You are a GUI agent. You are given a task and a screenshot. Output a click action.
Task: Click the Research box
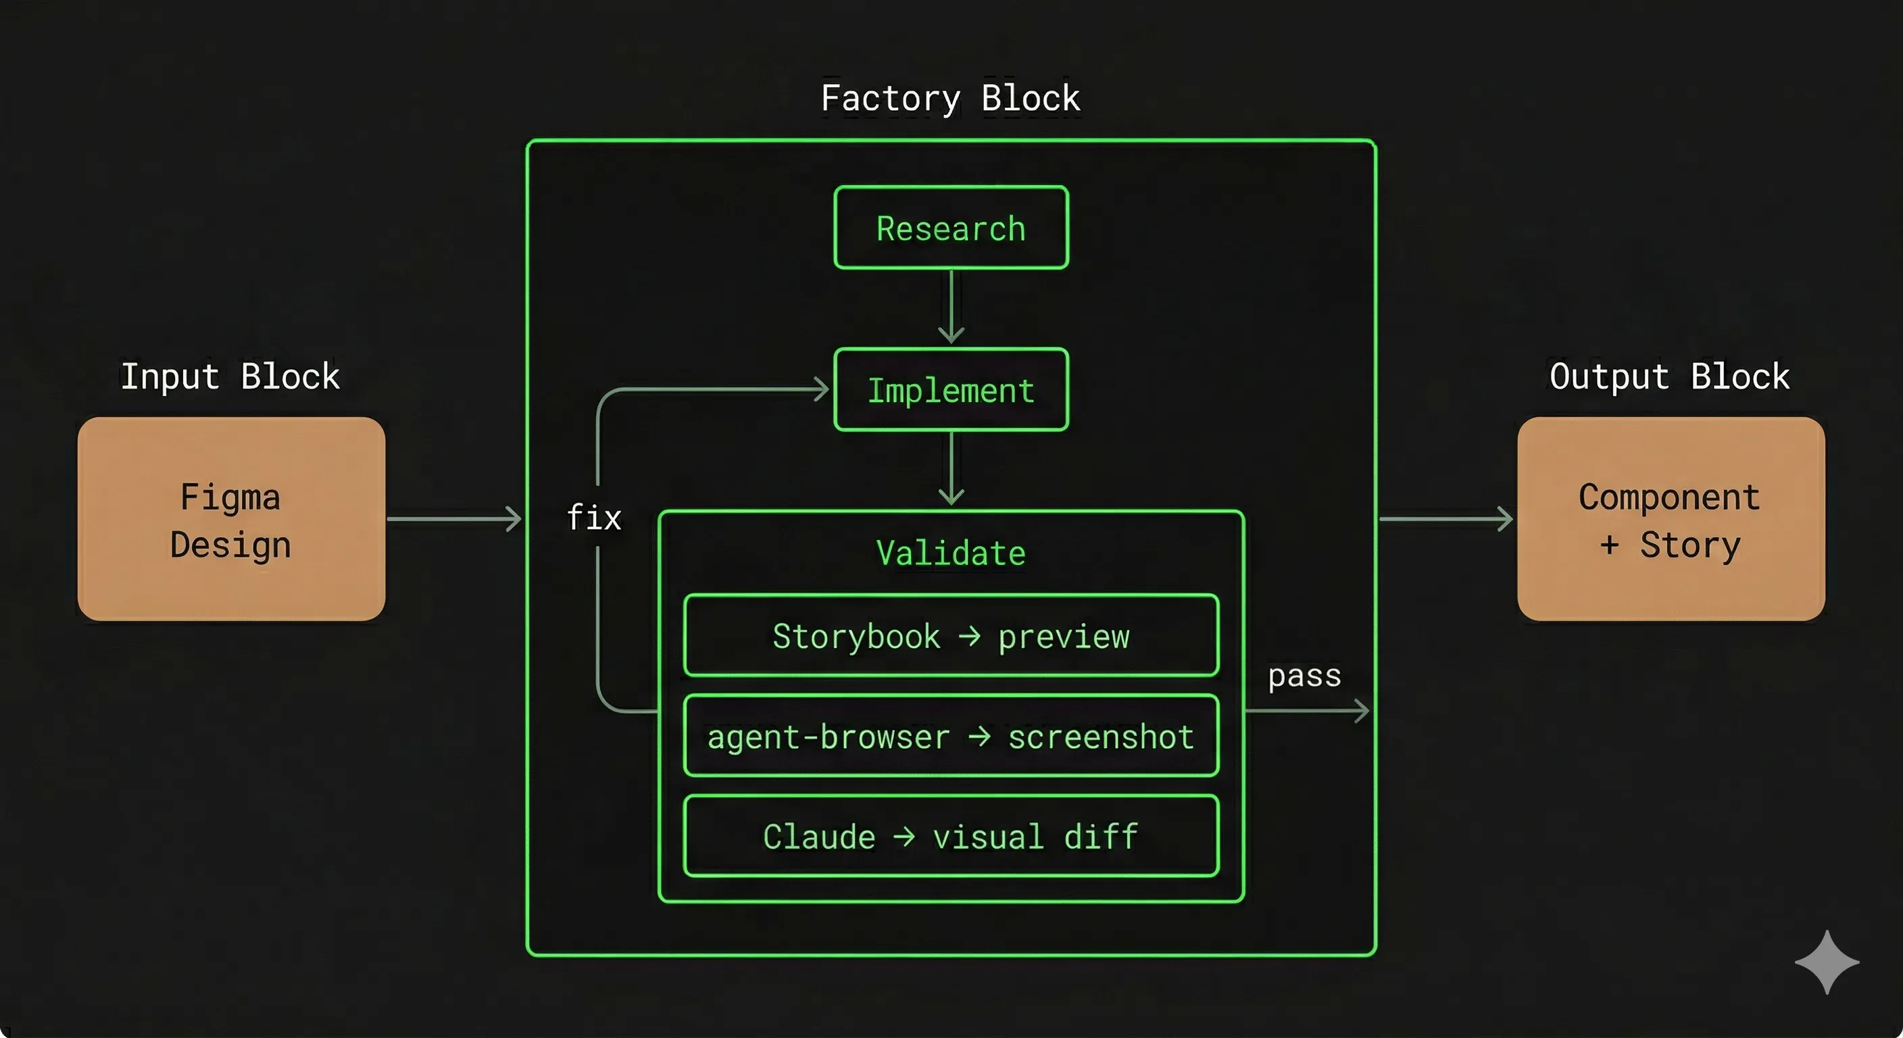pos(951,228)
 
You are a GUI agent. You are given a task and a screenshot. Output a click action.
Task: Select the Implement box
pos(951,389)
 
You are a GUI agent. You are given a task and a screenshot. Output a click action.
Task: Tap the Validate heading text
pos(951,553)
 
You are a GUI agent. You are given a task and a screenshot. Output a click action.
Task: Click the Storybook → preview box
pos(951,635)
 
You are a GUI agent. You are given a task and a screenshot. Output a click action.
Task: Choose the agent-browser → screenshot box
pos(951,736)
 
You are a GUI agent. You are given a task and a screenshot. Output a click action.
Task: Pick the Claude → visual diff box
pos(951,837)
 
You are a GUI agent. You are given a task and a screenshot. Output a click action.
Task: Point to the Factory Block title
pos(951,98)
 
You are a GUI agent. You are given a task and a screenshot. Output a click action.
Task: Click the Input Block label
pos(230,377)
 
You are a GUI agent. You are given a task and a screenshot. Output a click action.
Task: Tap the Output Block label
pos(1670,377)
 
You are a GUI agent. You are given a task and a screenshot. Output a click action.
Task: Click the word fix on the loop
pos(594,517)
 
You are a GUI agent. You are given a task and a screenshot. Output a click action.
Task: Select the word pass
pos(1305,676)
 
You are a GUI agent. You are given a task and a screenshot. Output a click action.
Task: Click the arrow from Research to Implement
pos(951,307)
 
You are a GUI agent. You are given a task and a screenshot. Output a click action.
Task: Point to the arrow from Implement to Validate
pos(951,468)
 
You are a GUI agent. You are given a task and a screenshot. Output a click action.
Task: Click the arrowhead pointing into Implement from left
pos(820,389)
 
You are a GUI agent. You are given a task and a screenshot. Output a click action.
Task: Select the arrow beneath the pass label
pos(1306,711)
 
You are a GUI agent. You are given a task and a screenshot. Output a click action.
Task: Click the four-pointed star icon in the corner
pos(1827,962)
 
